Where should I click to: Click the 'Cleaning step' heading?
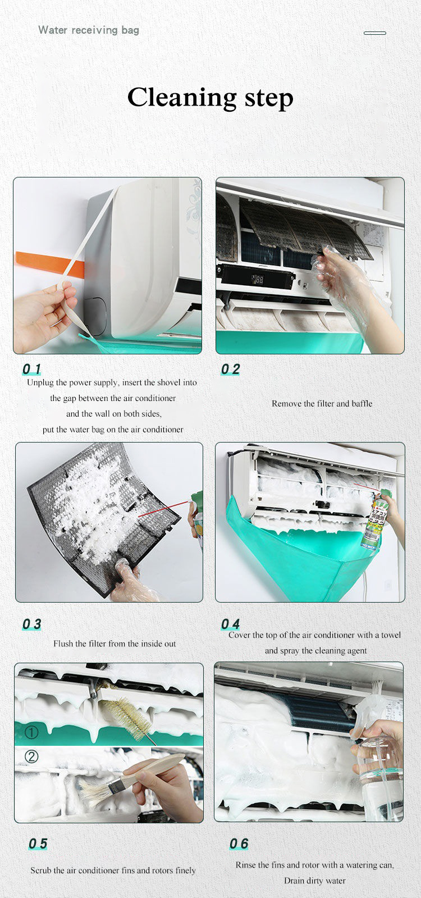point(210,97)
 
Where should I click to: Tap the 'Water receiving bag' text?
point(89,30)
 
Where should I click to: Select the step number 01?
point(31,369)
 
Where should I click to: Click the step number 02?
point(230,369)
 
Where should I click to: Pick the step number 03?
point(31,624)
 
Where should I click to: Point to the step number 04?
point(230,624)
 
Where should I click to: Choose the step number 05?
point(38,844)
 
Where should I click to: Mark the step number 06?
point(239,844)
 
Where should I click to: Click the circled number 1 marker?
point(31,732)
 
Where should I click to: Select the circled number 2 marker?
point(31,756)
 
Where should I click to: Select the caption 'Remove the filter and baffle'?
point(322,403)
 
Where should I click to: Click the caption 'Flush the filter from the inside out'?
point(115,644)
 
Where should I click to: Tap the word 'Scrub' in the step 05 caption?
point(41,870)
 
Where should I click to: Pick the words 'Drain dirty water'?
point(315,881)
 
